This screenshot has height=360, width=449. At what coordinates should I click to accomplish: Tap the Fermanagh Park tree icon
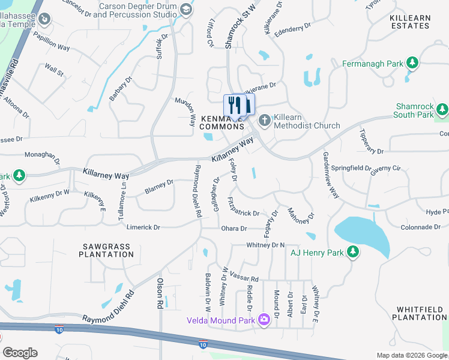[x=412, y=63]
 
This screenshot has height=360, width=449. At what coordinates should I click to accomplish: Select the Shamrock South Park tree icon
[x=442, y=110]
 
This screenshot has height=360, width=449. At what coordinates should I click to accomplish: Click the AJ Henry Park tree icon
[x=354, y=253]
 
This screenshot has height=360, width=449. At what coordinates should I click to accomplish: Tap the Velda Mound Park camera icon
[x=264, y=318]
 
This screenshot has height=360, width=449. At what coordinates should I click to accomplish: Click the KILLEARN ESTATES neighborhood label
[x=410, y=22]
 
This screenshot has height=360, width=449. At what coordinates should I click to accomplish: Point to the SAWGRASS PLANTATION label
[x=106, y=250]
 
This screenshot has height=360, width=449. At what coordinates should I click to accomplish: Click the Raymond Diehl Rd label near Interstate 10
[x=109, y=308]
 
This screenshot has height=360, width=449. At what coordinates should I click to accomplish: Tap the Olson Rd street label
[x=160, y=293]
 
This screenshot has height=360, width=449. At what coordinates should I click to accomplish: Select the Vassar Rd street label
[x=244, y=276]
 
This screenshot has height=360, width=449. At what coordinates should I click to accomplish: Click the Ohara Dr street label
[x=235, y=229]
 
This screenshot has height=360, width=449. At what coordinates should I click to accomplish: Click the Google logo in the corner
[x=20, y=353]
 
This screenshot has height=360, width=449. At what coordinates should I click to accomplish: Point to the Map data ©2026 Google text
[x=411, y=355]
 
